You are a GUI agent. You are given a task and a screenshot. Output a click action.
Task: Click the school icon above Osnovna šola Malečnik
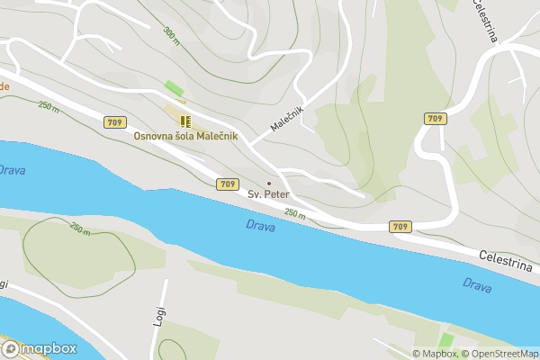[x=184, y=121]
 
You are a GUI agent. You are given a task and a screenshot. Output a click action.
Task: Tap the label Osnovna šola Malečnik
[x=185, y=136]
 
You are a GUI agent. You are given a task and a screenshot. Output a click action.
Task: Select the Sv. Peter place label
[x=268, y=193]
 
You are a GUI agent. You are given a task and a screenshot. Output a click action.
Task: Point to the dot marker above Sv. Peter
[x=268, y=184]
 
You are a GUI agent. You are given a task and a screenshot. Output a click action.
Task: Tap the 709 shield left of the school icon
[x=114, y=121]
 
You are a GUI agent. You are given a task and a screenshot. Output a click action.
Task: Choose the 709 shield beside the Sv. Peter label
[x=228, y=184]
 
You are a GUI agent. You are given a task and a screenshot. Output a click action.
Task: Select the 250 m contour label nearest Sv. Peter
[x=295, y=213]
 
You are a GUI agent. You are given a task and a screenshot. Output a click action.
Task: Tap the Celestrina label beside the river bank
[x=507, y=262]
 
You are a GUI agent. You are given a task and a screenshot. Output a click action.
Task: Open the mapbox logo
[x=39, y=348]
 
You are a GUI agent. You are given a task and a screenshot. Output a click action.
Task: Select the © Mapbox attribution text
[x=435, y=353]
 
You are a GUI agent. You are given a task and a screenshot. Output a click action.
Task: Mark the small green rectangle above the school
[x=175, y=89]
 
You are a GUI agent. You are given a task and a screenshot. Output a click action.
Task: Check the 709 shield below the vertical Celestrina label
[x=435, y=119]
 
